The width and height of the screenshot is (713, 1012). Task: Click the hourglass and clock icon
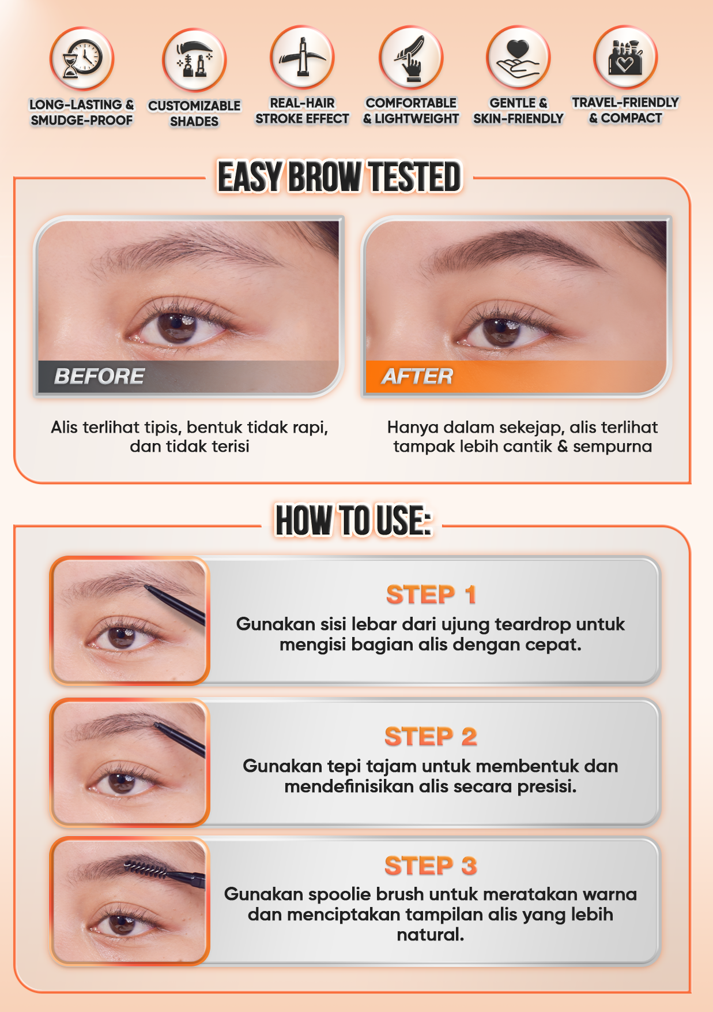(x=81, y=58)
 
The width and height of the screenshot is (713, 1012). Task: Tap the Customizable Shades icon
(x=194, y=60)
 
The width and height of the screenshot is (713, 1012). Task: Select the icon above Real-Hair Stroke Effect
(x=302, y=58)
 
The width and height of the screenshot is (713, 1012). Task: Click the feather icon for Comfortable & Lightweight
(x=411, y=58)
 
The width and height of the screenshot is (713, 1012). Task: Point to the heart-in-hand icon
(x=518, y=58)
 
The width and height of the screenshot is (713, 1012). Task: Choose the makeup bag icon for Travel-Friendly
(x=625, y=57)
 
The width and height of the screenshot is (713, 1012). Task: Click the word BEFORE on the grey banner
(x=99, y=376)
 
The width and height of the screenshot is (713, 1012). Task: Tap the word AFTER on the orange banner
(x=418, y=376)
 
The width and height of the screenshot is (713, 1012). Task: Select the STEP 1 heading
(x=431, y=595)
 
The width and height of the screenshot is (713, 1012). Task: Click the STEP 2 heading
(x=431, y=737)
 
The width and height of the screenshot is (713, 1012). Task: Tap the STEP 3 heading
(x=431, y=866)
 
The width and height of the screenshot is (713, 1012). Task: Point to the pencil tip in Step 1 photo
(x=148, y=587)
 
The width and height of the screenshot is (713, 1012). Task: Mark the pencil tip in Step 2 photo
(x=156, y=725)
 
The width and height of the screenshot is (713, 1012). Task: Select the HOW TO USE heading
(x=353, y=520)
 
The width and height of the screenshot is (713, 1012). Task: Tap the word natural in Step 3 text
(x=430, y=935)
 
